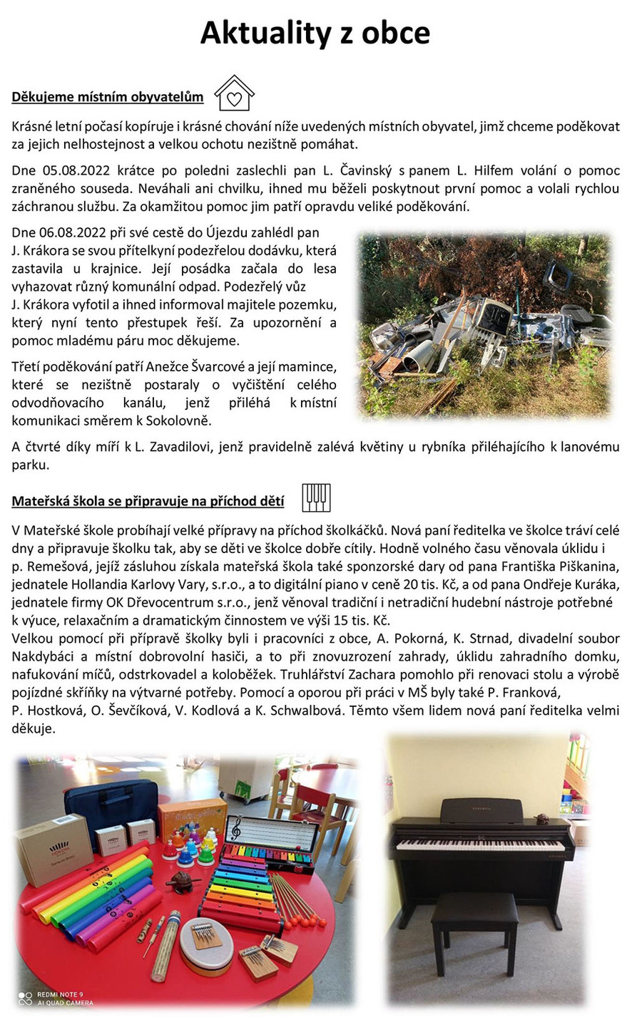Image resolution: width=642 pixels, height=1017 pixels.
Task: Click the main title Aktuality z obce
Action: pyautogui.click(x=315, y=33)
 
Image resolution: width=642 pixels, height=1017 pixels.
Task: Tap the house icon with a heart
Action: pyautogui.click(x=234, y=93)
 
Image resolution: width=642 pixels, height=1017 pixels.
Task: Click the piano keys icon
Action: pyautogui.click(x=316, y=497)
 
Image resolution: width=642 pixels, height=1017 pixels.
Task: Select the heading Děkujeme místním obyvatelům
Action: pyautogui.click(x=108, y=97)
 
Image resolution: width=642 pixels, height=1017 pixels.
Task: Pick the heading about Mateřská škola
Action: pyautogui.click(x=148, y=501)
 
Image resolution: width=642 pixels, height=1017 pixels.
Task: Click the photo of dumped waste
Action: pyautogui.click(x=484, y=325)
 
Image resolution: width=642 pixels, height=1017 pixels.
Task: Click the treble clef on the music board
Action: pyautogui.click(x=235, y=830)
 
